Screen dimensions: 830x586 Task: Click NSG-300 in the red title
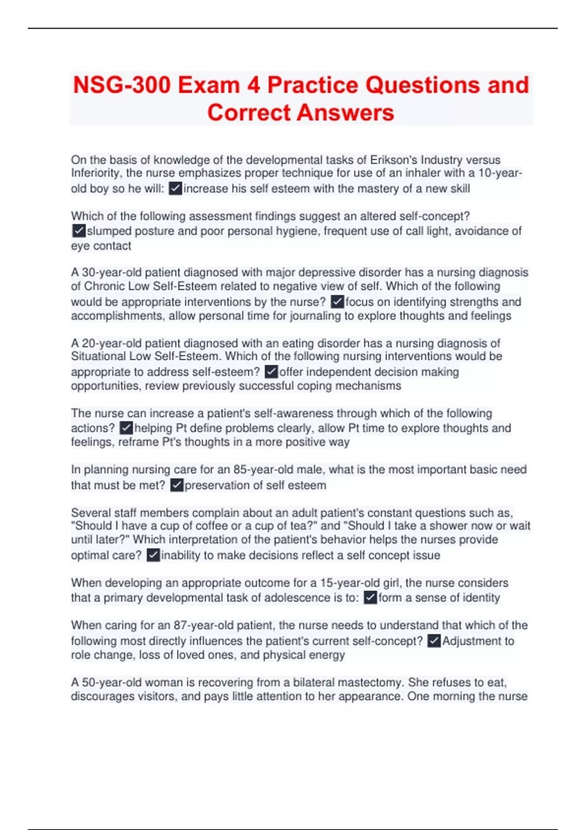click(x=122, y=85)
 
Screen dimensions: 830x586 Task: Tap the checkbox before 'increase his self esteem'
click(x=175, y=188)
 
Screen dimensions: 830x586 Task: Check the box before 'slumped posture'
click(x=79, y=230)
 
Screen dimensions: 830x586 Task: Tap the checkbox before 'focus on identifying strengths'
click(x=337, y=302)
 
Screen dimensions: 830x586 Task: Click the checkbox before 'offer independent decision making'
click(x=271, y=372)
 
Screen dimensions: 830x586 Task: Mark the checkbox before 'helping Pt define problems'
click(x=126, y=428)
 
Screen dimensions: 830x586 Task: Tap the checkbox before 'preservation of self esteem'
click(x=177, y=485)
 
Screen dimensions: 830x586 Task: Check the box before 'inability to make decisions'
click(x=153, y=555)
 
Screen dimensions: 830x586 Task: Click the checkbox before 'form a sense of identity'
click(x=371, y=598)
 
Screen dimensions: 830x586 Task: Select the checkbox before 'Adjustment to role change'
click(x=434, y=641)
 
